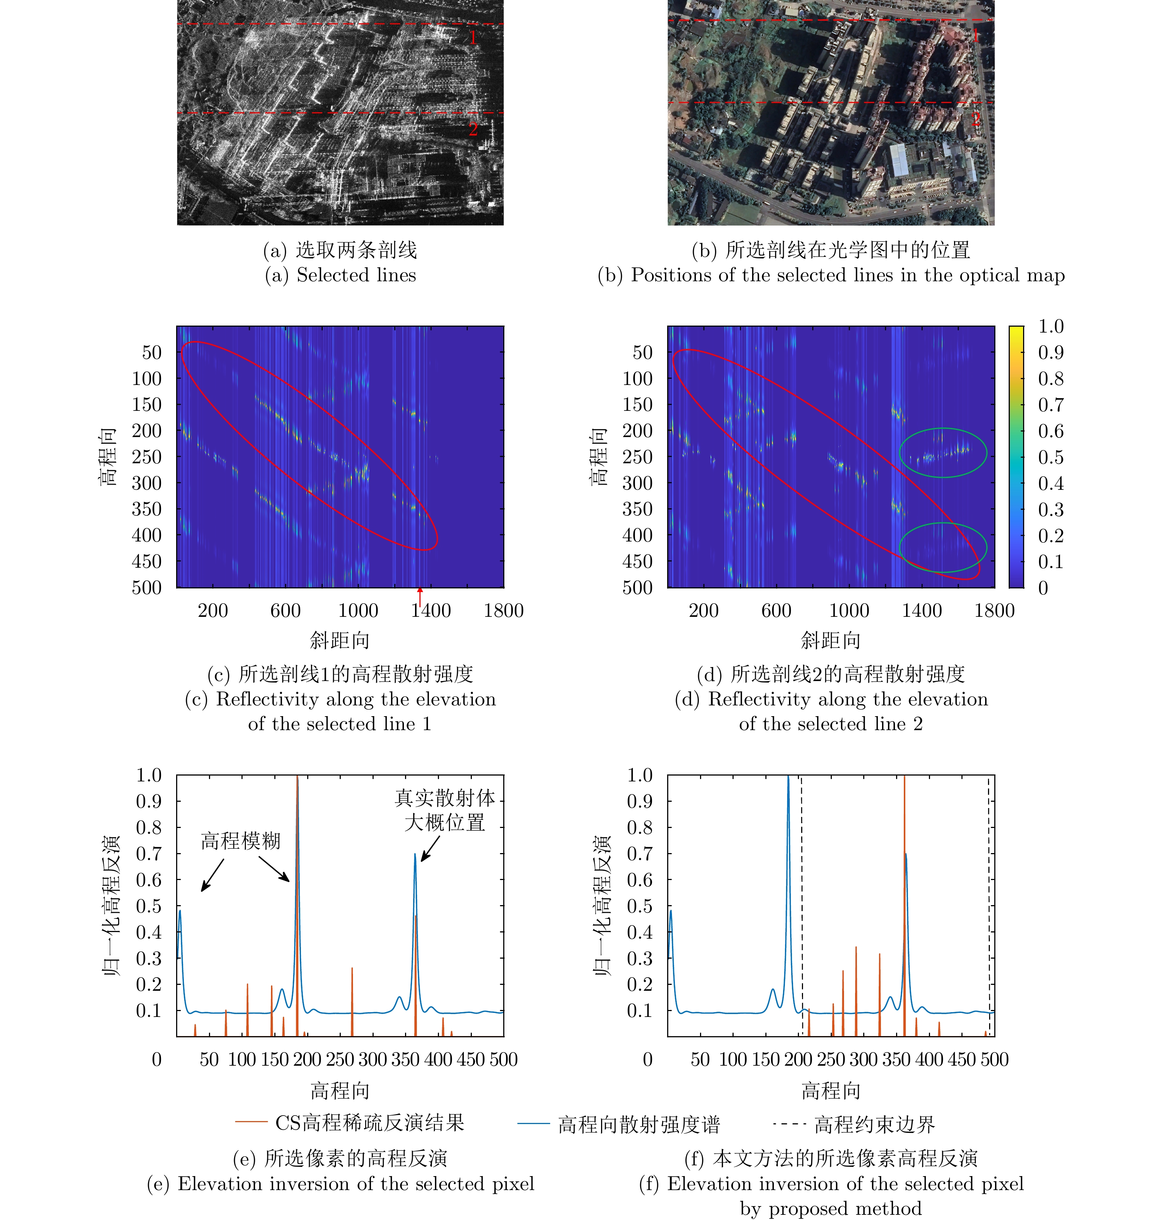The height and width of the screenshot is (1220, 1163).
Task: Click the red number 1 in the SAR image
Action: [x=473, y=38]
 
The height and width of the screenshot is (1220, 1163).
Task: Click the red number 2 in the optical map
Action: [x=975, y=118]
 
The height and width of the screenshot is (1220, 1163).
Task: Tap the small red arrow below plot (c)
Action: [x=420, y=597]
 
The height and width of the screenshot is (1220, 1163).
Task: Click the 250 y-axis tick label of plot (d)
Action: [x=637, y=457]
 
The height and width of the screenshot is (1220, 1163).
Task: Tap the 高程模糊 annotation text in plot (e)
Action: [x=240, y=841]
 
